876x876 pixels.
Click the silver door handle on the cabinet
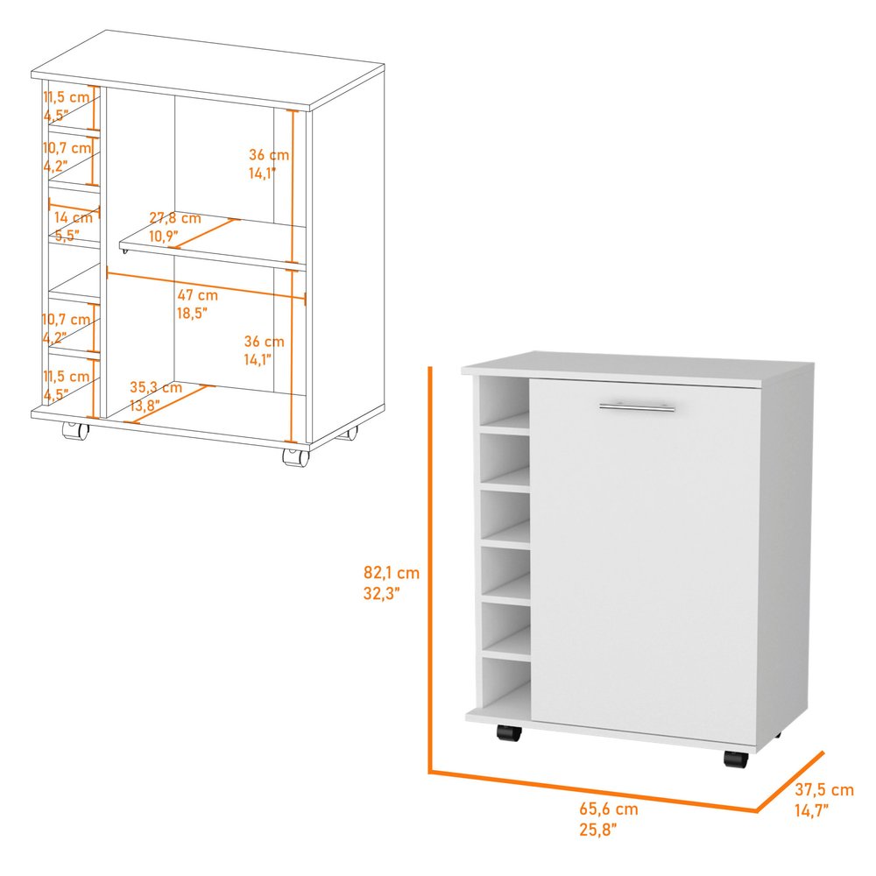pyautogui.click(x=637, y=406)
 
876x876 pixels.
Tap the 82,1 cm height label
pyautogui.click(x=391, y=574)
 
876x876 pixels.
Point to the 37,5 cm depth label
pyautogui.click(x=824, y=790)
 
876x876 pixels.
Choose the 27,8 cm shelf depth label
pyautogui.click(x=174, y=218)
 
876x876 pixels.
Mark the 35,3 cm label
pyautogui.click(x=156, y=387)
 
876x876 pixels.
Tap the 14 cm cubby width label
pyautogui.click(x=73, y=217)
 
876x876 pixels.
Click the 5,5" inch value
pyautogui.click(x=67, y=236)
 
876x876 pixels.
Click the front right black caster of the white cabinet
pyautogui.click(x=736, y=759)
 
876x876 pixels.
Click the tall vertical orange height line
pyautogui.click(x=431, y=569)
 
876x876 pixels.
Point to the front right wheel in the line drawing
pyautogui.click(x=293, y=456)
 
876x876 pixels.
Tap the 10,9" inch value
pyautogui.click(x=163, y=236)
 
